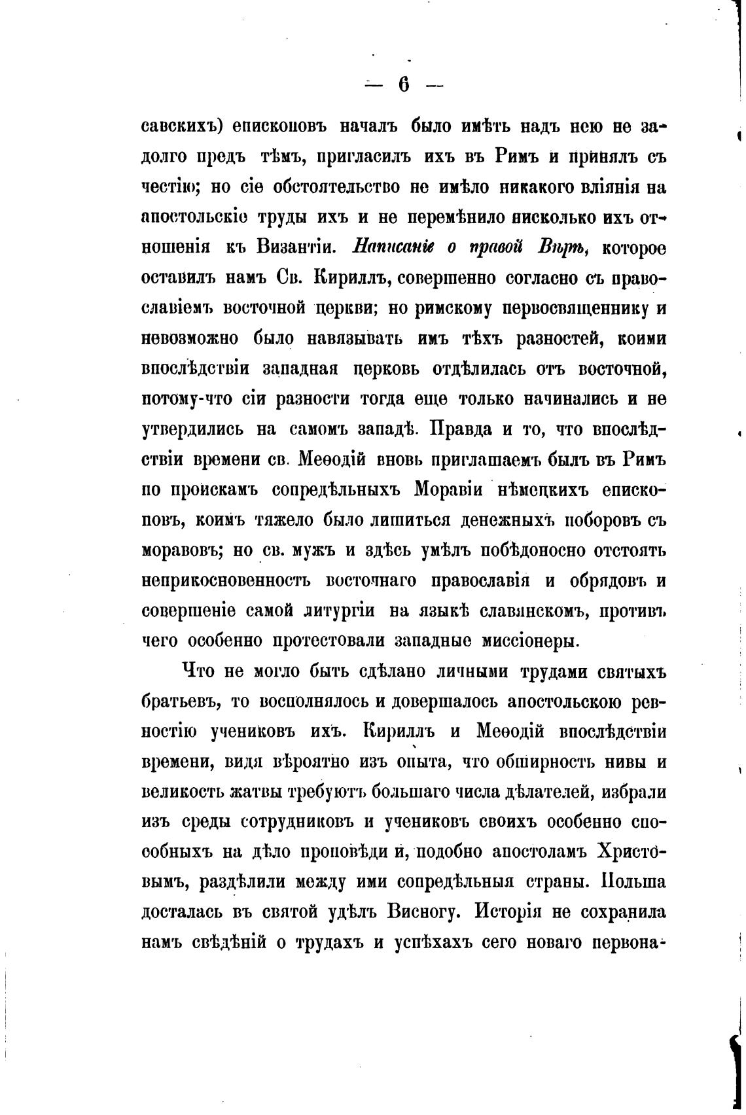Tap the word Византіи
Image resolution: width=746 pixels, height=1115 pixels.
296,249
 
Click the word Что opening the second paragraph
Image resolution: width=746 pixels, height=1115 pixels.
196,672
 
